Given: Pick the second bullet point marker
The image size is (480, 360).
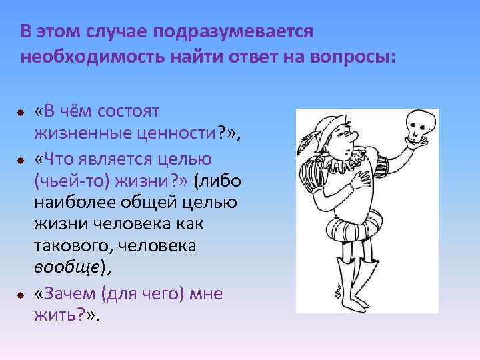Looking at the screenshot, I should coord(21,161).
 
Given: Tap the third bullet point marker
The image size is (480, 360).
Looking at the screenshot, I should coord(21,295).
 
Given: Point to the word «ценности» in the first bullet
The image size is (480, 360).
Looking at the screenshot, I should coord(182,134).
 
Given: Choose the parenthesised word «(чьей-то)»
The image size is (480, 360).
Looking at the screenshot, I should coord(71,181).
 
